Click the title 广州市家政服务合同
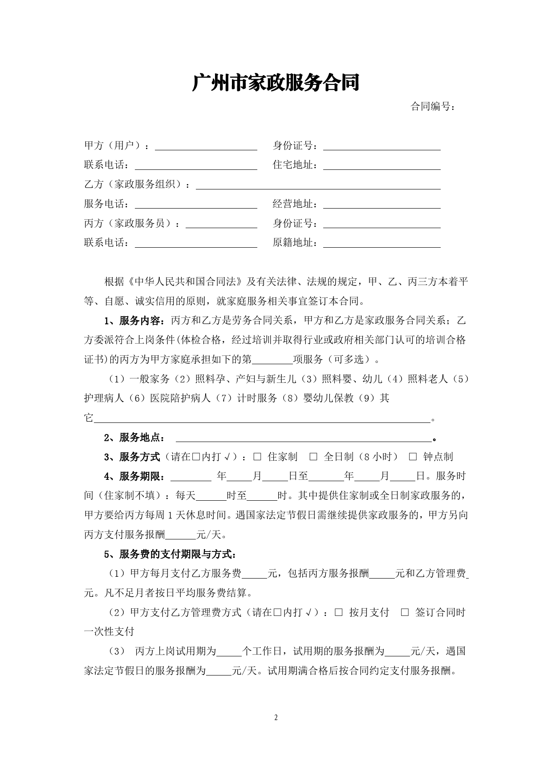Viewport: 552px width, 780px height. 276,83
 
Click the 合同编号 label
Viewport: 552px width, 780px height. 432,107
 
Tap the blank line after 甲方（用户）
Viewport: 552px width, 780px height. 206,146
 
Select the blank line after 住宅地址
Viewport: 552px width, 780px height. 382,166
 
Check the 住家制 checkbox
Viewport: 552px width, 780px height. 257,457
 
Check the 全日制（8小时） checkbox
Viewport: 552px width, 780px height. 313,457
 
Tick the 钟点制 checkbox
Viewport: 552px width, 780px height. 413,457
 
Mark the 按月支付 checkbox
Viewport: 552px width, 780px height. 339,612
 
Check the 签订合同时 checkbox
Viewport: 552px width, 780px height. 405,612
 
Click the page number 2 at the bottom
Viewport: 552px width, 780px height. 276,717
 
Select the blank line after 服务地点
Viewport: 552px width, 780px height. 304,438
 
